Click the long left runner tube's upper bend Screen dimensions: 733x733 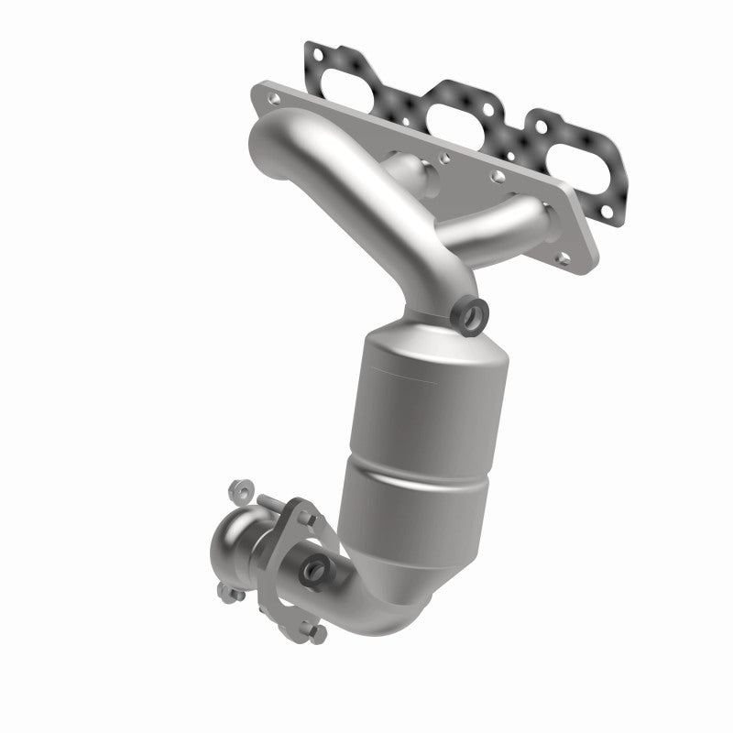(275, 147)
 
